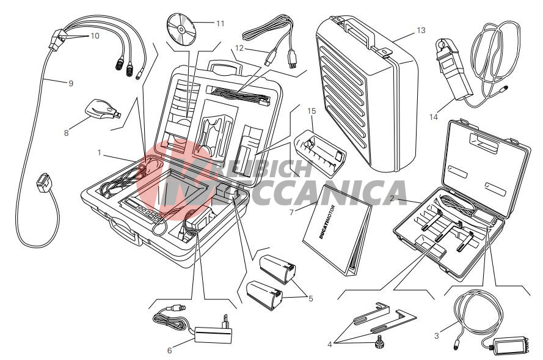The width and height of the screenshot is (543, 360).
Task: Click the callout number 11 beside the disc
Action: point(220,24)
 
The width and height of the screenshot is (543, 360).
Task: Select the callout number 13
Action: point(421,31)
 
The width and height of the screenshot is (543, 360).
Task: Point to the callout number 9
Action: point(71,83)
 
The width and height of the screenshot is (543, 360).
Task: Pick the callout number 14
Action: point(434,117)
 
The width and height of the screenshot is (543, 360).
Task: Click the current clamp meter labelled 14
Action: point(453,69)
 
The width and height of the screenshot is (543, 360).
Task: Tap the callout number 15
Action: point(312,111)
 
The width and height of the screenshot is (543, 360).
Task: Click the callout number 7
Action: point(291,213)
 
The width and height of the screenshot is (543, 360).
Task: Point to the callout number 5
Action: point(311,298)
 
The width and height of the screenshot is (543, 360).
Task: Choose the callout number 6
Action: point(169,351)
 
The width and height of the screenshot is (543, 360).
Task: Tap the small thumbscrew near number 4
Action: point(377,343)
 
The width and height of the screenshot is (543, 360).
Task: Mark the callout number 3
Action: point(437,336)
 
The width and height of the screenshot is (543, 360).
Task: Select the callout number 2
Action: point(392,199)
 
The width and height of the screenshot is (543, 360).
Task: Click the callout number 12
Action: point(239,48)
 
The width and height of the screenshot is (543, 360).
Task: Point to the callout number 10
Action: point(95,35)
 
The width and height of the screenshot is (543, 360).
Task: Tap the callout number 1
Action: point(100,152)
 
